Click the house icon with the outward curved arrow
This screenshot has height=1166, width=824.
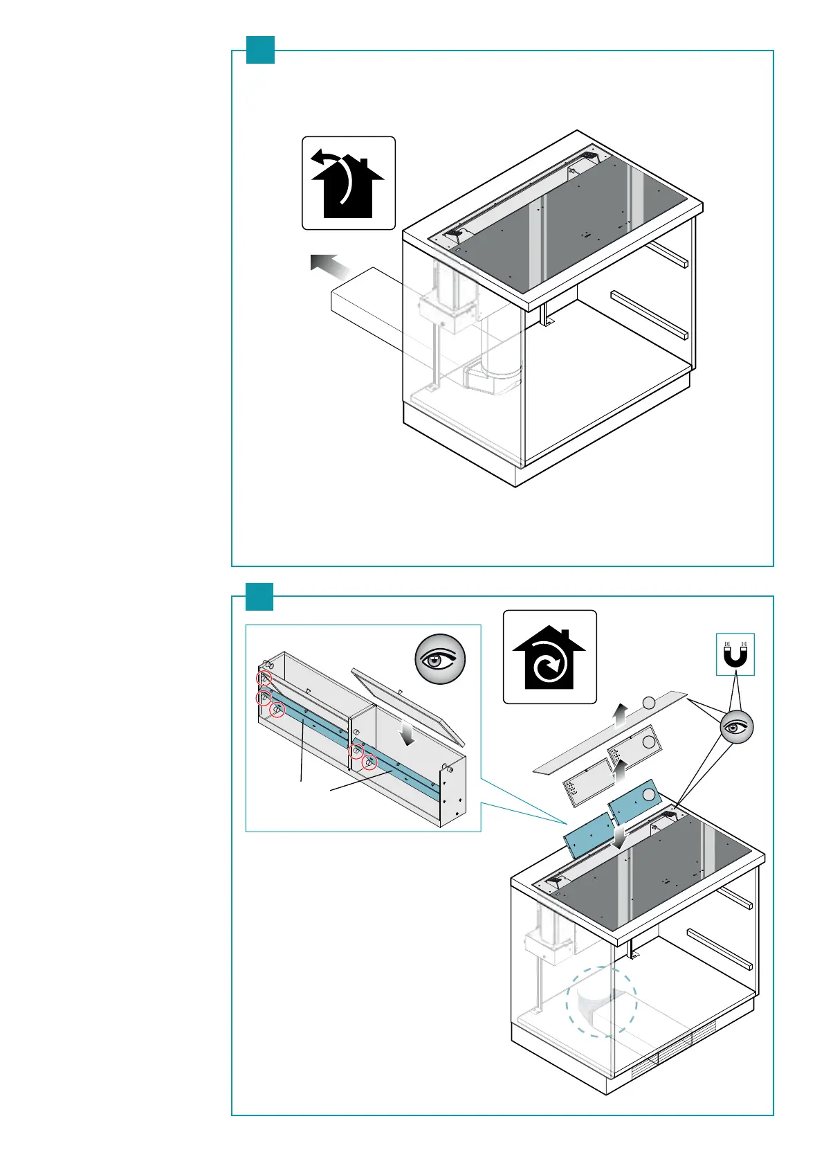tap(348, 183)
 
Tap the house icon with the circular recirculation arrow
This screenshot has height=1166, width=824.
tap(549, 657)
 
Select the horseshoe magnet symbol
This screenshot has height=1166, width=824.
tap(735, 654)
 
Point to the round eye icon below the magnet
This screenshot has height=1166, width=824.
tap(736, 727)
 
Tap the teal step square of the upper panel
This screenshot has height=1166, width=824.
tap(261, 50)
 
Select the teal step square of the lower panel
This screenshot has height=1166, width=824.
tap(260, 596)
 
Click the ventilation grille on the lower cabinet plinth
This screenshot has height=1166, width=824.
tap(662, 1060)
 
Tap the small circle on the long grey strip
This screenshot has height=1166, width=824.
tap(648, 703)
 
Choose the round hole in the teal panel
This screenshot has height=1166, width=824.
tap(648, 794)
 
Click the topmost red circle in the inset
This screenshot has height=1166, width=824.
tap(264, 679)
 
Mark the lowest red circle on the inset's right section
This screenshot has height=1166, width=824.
tap(370, 764)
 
